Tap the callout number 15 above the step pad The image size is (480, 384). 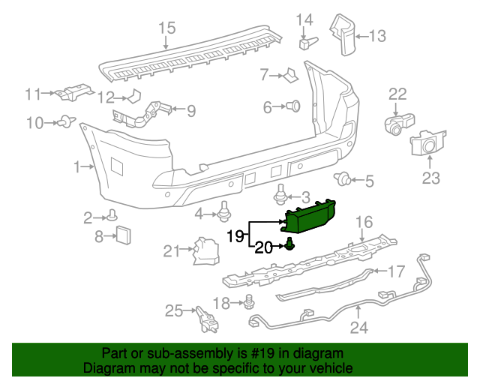166,28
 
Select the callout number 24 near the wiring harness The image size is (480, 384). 359,328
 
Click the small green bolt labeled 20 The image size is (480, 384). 289,244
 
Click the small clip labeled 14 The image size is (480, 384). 304,42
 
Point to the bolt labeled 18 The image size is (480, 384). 250,302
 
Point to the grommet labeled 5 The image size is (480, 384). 344,178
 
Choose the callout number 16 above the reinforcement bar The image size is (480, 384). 364,221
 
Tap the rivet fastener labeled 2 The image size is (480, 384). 112,216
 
